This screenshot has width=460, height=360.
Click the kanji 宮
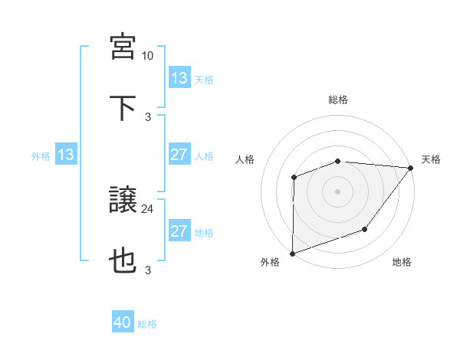(123, 47)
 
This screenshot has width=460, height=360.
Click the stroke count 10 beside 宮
(148, 56)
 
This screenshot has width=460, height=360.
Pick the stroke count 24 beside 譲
(148, 209)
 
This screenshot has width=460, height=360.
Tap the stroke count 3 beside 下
(148, 116)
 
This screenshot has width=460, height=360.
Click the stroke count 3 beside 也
(148, 270)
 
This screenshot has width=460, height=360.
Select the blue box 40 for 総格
(123, 323)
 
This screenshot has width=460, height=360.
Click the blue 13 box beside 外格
(66, 155)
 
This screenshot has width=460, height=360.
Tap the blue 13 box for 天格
(179, 78)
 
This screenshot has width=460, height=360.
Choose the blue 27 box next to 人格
(179, 155)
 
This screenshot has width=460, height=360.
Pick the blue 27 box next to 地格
(179, 231)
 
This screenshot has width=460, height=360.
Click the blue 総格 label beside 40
(147, 324)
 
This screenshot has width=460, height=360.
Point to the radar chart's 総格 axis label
(338, 100)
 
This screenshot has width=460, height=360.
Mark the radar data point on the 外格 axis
(293, 253)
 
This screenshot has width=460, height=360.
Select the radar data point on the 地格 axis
(365, 229)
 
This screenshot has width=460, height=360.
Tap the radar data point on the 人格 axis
(294, 178)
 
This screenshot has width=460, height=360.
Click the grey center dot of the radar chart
(338, 191)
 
